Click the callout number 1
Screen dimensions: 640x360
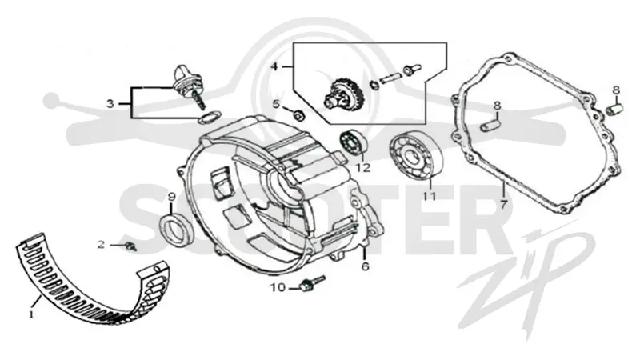(31, 314)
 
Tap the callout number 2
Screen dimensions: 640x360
(101, 245)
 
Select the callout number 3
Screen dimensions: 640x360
(110, 104)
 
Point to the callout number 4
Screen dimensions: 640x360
(274, 66)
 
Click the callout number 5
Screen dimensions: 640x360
(276, 104)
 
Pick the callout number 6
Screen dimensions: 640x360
(366, 266)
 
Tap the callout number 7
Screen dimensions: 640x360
(503, 204)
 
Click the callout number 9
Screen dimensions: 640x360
(172, 197)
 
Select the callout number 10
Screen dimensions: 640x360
(278, 288)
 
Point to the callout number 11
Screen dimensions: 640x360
(429, 197)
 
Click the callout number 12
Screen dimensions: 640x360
(363, 168)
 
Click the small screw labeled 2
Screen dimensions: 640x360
(130, 246)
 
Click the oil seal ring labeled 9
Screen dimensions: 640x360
(175, 229)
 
